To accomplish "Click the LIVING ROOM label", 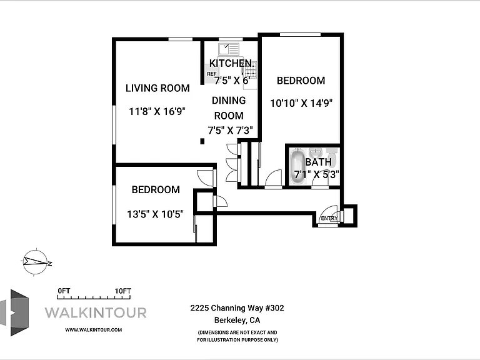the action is [157, 88].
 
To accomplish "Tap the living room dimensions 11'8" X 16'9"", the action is [157, 111].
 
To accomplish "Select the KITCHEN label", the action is [231, 63].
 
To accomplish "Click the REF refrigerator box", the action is [212, 74].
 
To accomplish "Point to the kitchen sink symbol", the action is [229, 49].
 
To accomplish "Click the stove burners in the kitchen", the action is [251, 74].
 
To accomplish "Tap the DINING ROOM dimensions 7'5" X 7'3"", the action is [230, 131].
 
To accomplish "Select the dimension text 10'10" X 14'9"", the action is [301, 103].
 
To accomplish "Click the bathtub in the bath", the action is [298, 166].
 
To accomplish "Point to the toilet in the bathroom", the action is [332, 156].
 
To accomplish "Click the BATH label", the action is [318, 162].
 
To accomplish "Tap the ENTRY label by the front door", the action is [329, 218].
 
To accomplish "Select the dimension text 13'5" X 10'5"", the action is [155, 214].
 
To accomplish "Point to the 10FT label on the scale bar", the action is [122, 291].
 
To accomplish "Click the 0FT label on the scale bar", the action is [64, 291].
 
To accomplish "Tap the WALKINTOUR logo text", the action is [96, 313].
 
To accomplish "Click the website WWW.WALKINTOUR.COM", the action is [93, 330].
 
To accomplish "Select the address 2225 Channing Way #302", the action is [237, 308].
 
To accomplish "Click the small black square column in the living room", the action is [202, 141].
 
